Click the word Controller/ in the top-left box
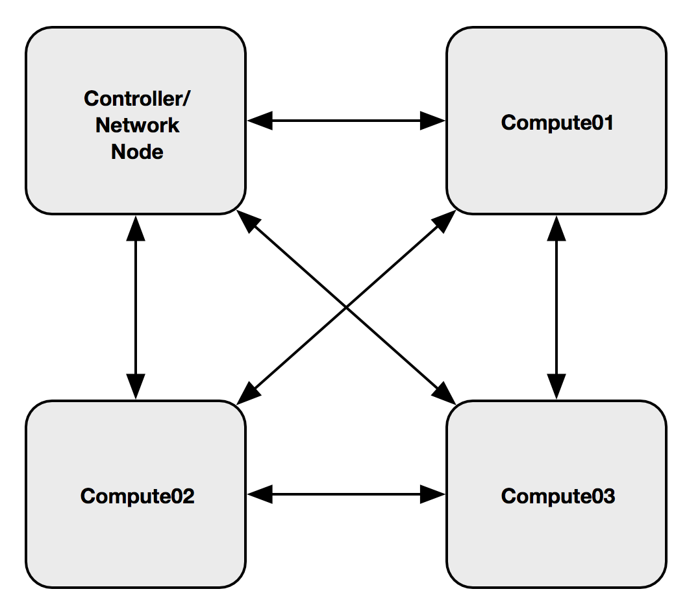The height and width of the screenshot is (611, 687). pyautogui.click(x=137, y=99)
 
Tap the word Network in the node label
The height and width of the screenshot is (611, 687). pyautogui.click(x=137, y=125)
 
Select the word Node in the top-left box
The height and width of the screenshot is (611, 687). pyautogui.click(x=137, y=152)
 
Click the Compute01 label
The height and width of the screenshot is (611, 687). pyautogui.click(x=557, y=123)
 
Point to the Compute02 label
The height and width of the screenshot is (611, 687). pyautogui.click(x=137, y=496)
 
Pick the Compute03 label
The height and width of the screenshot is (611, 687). pyautogui.click(x=558, y=496)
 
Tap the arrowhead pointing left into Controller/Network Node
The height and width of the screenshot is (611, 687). pyautogui.click(x=260, y=121)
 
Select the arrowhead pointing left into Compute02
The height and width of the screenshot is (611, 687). pyautogui.click(x=260, y=494)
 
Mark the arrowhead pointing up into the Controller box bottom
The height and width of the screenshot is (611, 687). pyautogui.click(x=136, y=228)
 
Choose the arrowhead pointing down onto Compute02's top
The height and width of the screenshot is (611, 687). pyautogui.click(x=136, y=387)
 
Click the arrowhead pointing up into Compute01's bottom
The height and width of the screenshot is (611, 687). pyautogui.click(x=556, y=228)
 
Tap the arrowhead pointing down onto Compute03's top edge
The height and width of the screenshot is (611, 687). pyautogui.click(x=556, y=387)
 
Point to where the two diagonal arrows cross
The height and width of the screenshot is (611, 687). pyautogui.click(x=346, y=307)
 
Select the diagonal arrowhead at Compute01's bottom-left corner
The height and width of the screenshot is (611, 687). pyautogui.click(x=444, y=221)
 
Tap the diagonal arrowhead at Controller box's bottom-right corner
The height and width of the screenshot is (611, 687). pyautogui.click(x=248, y=221)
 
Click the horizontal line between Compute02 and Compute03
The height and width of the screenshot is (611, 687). pyautogui.click(x=346, y=494)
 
